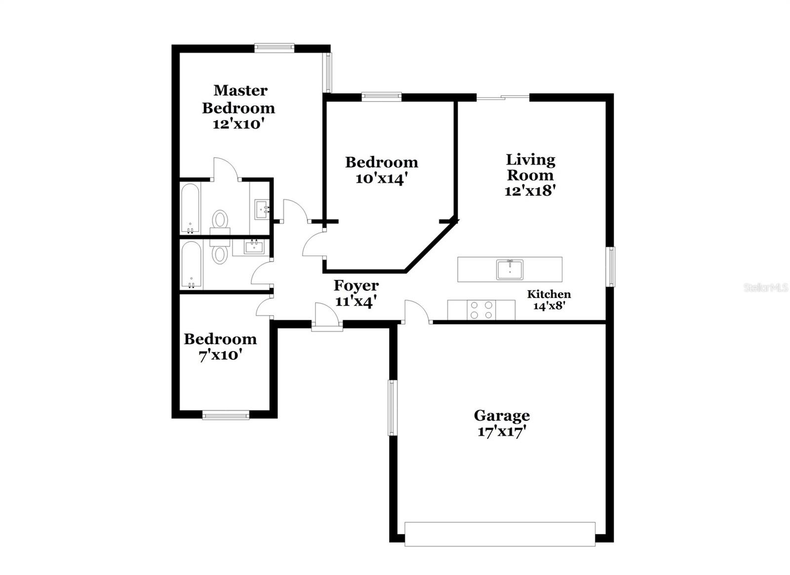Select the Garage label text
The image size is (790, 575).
pos(502,415)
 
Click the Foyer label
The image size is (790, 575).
pos(356,285)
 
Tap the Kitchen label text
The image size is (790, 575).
pos(549,294)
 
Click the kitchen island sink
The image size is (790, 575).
pos(510,270)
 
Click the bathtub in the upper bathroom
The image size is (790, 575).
pos(190,208)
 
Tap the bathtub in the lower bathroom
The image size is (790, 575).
pos(191,265)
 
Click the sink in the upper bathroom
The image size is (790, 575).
pos(261,209)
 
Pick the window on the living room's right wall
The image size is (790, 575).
pos(611,266)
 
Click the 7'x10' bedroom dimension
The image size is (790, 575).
pos(220,355)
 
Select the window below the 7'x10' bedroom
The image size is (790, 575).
pos(226,415)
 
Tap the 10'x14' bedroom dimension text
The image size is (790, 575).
pos(381,178)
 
